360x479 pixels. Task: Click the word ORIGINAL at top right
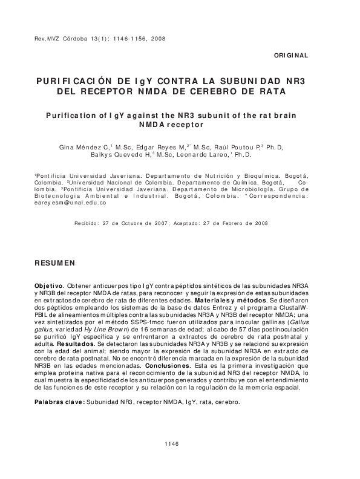coord(291,55)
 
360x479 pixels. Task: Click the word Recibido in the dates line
coord(87,223)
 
